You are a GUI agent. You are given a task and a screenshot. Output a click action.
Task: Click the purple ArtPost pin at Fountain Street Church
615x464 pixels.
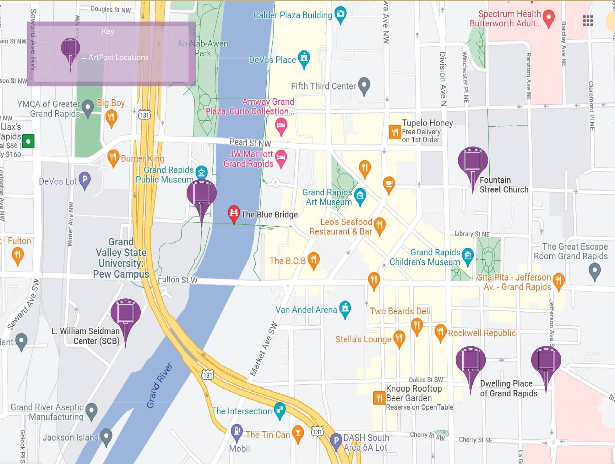coord(473,161)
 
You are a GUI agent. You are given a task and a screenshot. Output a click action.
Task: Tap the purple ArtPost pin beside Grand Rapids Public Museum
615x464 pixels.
coord(201,194)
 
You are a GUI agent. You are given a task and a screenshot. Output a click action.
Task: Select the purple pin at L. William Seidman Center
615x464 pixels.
coord(125,312)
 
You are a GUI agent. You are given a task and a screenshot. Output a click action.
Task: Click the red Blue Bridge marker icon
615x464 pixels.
coord(234,213)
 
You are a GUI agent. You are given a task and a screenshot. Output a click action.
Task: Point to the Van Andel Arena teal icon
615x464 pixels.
coord(345,308)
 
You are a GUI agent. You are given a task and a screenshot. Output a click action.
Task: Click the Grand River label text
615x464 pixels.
coord(160,385)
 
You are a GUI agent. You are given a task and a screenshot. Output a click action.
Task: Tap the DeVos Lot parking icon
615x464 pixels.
coord(85,179)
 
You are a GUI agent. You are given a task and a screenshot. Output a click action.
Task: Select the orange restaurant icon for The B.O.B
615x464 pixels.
coord(313,260)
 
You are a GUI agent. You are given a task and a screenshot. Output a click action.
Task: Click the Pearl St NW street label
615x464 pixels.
coord(250,143)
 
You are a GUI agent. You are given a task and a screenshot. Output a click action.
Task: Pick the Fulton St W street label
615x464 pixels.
coord(177,279)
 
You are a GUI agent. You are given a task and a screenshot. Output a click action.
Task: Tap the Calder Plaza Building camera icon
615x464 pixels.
coord(340,14)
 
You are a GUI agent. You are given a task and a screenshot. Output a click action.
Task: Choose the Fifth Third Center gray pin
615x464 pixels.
coord(364,85)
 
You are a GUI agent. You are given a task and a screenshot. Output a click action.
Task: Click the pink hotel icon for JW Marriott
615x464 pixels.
coord(281,157)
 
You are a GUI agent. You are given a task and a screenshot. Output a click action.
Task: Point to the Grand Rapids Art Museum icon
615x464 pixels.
coord(360,196)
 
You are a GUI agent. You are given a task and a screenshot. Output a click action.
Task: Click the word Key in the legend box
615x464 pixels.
coord(108,31)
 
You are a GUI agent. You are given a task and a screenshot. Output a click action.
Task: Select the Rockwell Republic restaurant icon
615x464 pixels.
coord(440,332)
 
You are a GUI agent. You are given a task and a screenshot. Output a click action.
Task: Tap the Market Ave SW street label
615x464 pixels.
coord(264,349)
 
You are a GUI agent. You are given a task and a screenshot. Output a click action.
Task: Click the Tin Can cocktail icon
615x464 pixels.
coord(298,433)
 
